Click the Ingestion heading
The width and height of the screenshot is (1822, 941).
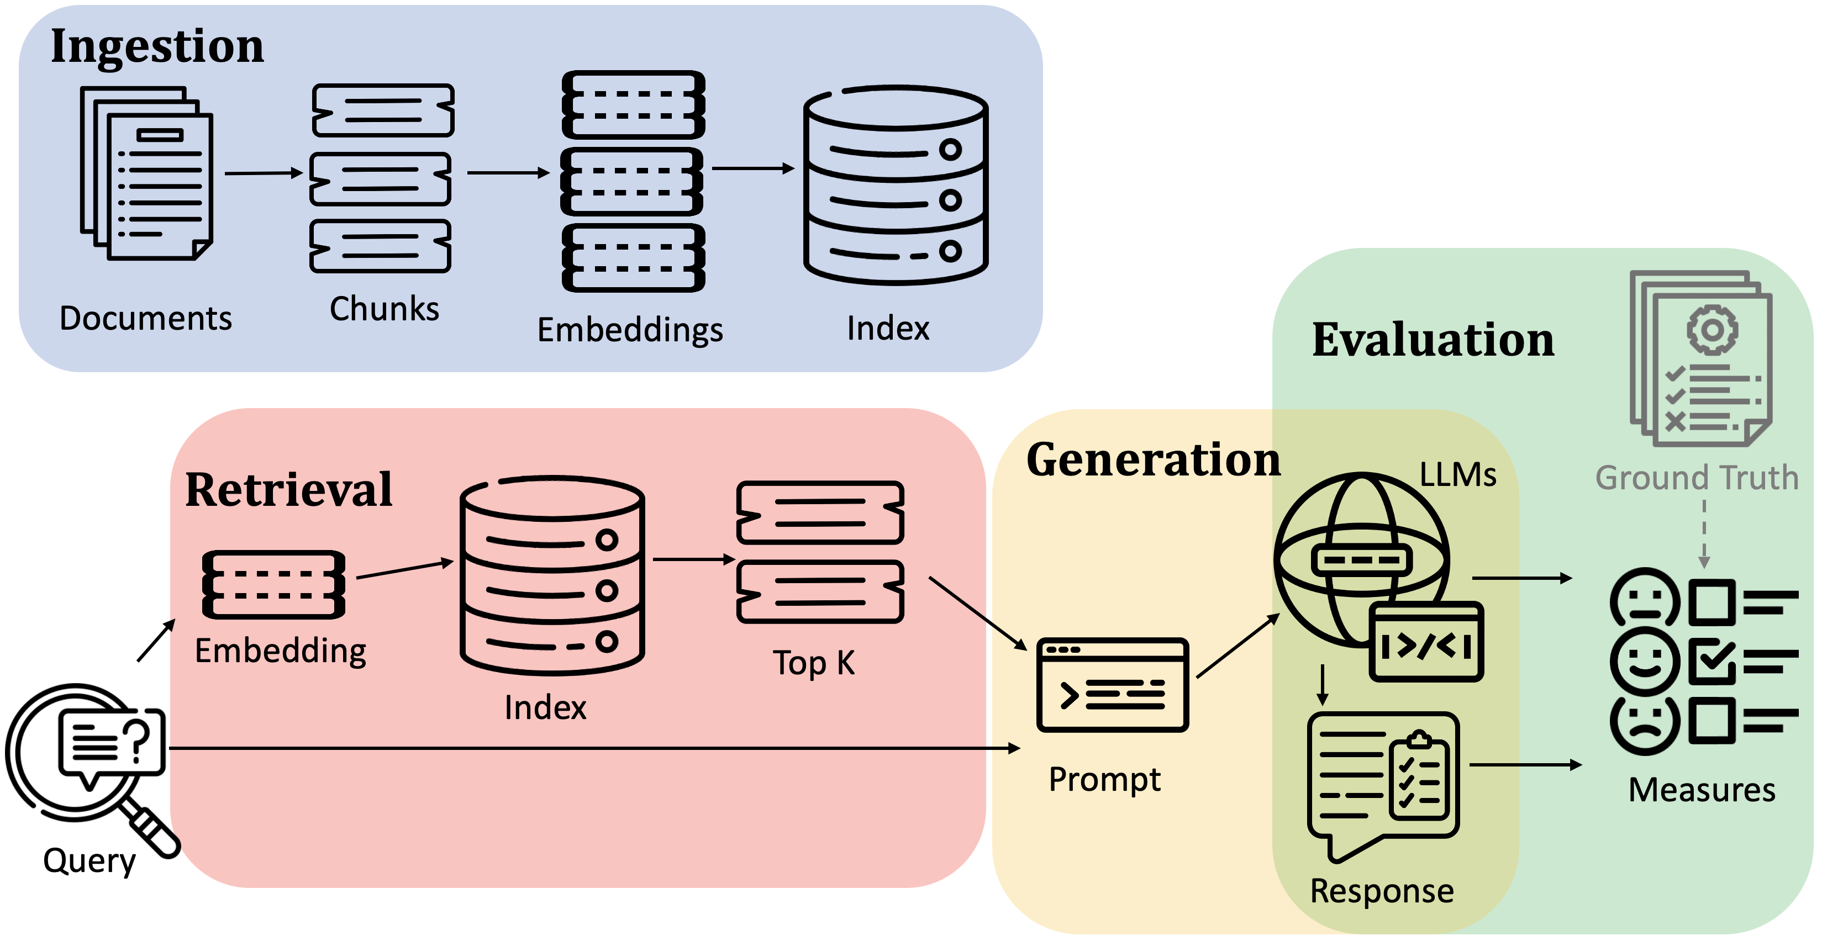157,46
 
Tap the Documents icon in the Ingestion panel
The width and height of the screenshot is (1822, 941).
147,173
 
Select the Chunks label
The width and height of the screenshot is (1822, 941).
384,309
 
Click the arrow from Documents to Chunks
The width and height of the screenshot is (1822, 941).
263,173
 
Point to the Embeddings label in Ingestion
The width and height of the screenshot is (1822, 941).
629,330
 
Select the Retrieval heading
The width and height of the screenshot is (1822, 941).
288,489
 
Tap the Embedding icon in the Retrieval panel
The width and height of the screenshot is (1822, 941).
273,585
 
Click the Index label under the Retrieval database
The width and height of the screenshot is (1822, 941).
545,707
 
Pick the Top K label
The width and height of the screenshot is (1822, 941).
813,663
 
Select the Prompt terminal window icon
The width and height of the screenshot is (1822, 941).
1112,684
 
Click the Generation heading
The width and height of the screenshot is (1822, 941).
1153,459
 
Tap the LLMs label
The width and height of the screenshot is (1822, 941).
1458,474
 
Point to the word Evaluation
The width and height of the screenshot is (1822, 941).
1433,340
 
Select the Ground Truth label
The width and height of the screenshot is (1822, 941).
1696,478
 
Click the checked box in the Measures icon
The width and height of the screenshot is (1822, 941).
1712,662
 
